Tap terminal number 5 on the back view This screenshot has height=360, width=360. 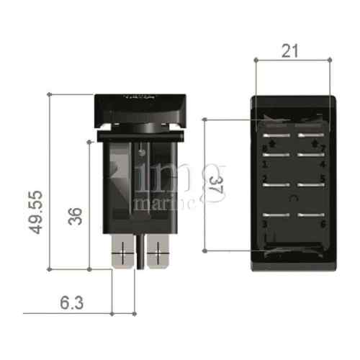tap(323, 179)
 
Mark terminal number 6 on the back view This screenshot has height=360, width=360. tap(323, 224)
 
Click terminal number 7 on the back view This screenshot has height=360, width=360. tap(323, 150)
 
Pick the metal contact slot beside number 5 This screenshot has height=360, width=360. tap(309, 185)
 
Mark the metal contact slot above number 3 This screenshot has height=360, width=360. tap(277, 214)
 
